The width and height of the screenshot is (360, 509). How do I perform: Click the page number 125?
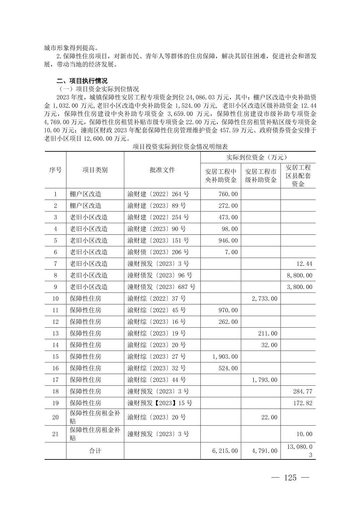click(x=290, y=478)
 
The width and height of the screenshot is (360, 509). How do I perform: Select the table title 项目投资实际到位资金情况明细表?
click(x=180, y=147)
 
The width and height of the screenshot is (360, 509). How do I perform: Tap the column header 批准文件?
click(x=162, y=170)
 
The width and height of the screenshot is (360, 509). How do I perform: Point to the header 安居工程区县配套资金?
click(x=298, y=175)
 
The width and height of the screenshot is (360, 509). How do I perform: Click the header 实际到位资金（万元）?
click(x=258, y=157)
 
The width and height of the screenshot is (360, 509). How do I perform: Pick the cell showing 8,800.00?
click(x=300, y=275)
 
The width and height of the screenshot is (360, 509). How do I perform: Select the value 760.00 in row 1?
click(x=228, y=194)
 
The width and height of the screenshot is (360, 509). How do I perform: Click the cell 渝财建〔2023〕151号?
click(x=158, y=240)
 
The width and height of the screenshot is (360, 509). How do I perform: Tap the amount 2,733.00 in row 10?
click(x=264, y=298)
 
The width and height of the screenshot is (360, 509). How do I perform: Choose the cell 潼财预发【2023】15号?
click(x=160, y=403)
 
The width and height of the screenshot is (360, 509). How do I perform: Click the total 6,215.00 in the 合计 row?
click(x=225, y=451)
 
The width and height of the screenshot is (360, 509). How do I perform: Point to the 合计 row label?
click(x=95, y=451)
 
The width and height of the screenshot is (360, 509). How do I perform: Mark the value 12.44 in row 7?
click(x=304, y=264)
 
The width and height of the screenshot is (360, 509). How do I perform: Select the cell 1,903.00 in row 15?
click(x=225, y=356)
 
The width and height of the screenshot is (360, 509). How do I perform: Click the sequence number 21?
click(x=55, y=434)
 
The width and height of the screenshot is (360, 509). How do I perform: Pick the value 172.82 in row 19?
click(x=303, y=403)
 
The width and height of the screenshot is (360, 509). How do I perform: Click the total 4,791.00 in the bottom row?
click(x=264, y=451)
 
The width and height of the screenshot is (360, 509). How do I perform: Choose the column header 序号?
click(x=55, y=170)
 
